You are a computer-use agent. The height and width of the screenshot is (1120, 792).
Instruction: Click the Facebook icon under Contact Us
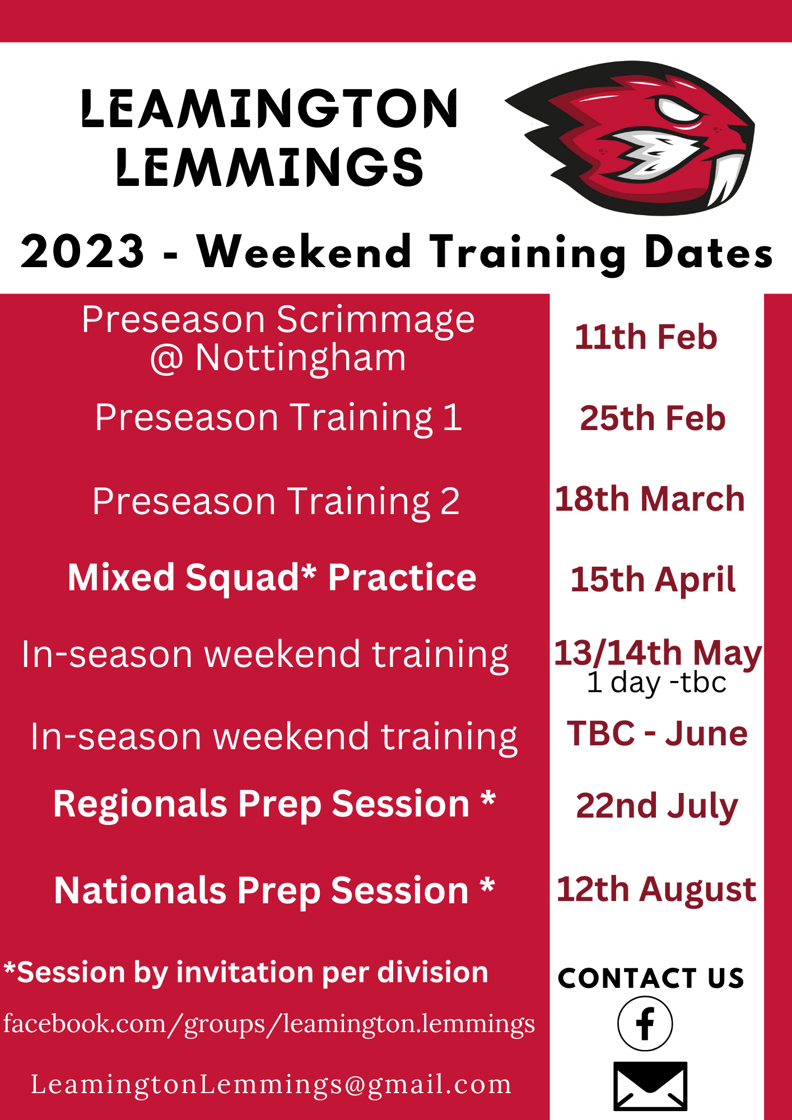645,1023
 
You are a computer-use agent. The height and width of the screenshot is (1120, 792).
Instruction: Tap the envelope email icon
650,1086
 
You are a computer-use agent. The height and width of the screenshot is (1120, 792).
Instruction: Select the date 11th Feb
646,337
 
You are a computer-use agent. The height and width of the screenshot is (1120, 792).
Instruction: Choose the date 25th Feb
653,418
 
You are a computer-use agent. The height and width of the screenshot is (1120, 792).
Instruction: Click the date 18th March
650,498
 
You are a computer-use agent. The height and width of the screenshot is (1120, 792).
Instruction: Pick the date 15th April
653,580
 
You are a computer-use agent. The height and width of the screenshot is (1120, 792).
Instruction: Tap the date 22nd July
657,806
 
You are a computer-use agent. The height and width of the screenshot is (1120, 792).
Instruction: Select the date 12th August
656,890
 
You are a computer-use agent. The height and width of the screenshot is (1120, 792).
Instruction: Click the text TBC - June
657,734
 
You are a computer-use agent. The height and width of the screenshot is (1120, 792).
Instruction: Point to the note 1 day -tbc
656,683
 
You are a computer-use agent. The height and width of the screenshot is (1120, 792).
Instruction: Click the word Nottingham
300,358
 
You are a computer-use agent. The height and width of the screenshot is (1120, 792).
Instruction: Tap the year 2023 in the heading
83,251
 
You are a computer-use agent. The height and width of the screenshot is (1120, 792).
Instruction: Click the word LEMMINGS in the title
269,167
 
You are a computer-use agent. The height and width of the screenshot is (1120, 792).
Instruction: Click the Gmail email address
271,1085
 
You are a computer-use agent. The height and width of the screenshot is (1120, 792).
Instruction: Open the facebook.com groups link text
269,1024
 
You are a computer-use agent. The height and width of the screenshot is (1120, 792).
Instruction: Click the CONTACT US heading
651,978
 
